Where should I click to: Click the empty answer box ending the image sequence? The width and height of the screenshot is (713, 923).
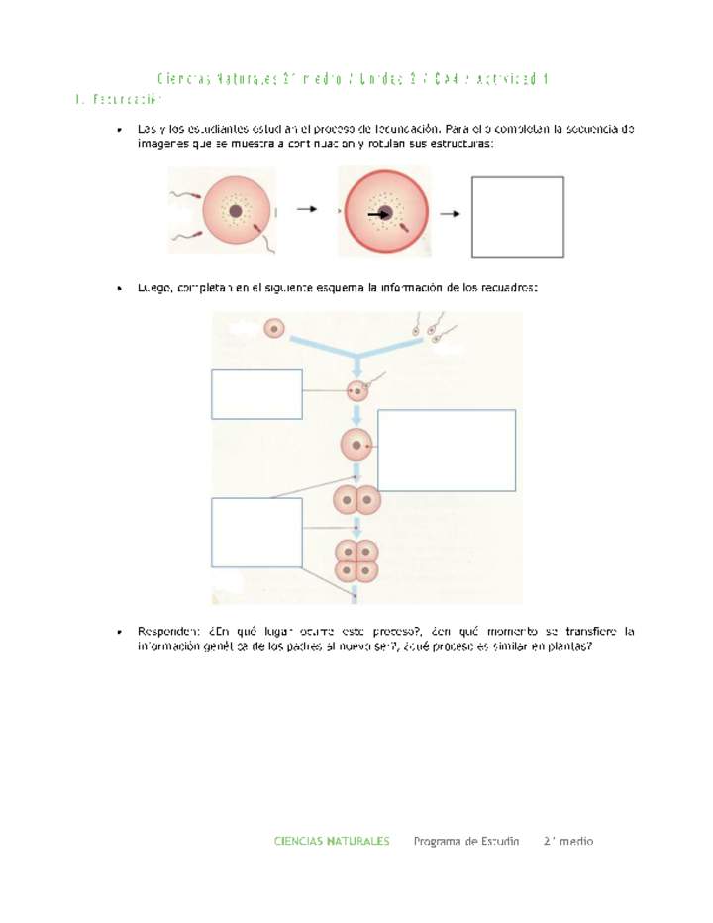(x=516, y=218)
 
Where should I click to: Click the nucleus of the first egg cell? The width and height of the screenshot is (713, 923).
(x=235, y=211)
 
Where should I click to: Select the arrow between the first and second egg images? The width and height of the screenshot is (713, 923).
(x=307, y=210)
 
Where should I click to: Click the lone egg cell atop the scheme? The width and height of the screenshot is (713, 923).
(x=273, y=328)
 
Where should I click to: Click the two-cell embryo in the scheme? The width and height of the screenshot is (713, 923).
(x=356, y=500)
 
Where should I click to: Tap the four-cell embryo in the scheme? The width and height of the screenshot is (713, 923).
(x=356, y=561)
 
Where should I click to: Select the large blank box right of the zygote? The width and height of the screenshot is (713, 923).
(x=447, y=450)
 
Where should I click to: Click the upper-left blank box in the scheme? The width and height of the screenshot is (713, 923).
(x=256, y=394)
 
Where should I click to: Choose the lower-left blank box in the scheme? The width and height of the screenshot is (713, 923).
(x=256, y=532)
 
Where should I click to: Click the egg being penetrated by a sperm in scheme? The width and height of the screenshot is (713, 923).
(x=357, y=391)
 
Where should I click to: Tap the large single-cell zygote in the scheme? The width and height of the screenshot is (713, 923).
(x=356, y=447)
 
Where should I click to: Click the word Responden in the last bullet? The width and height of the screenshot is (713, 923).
(x=169, y=631)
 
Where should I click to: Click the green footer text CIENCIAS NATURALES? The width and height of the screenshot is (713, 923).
(x=332, y=841)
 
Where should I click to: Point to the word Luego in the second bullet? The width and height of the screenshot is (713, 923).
(x=156, y=288)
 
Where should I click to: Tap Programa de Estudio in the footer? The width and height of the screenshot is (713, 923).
(x=466, y=841)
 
